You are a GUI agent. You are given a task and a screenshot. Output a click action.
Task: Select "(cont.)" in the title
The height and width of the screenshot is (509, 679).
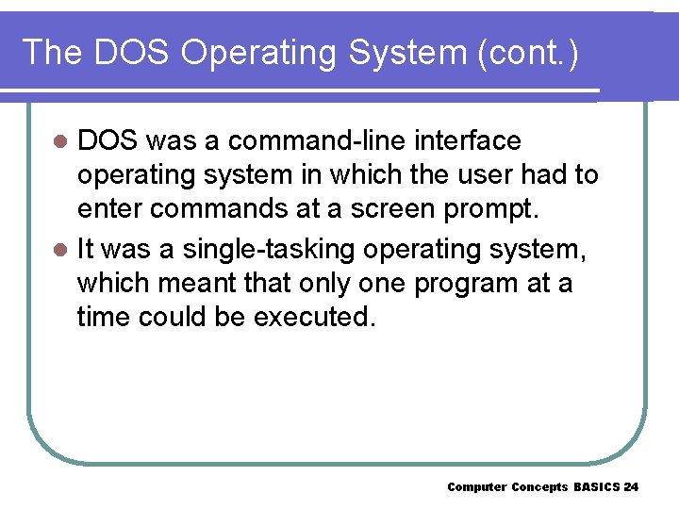[x=529, y=52]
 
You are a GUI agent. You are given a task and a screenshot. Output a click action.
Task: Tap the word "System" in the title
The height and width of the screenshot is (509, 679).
[x=408, y=52]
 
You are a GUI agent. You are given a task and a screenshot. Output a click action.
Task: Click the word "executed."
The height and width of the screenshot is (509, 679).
[x=315, y=318]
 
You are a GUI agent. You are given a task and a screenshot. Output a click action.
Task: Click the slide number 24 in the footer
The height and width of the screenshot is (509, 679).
[x=631, y=487]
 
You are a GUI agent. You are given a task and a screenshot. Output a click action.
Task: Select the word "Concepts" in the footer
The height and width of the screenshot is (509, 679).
[x=539, y=487]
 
